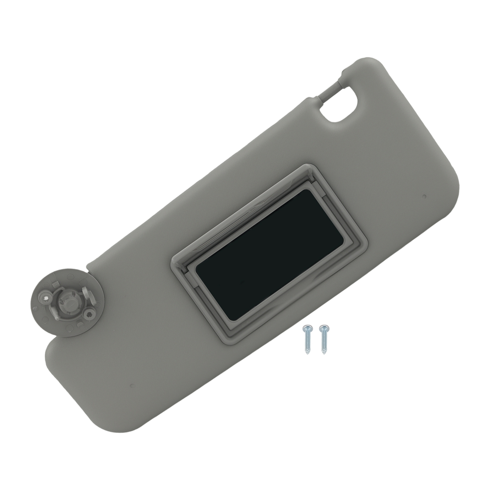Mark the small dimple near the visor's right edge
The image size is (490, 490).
point(424,196)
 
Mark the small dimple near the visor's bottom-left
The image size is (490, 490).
point(131,386)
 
